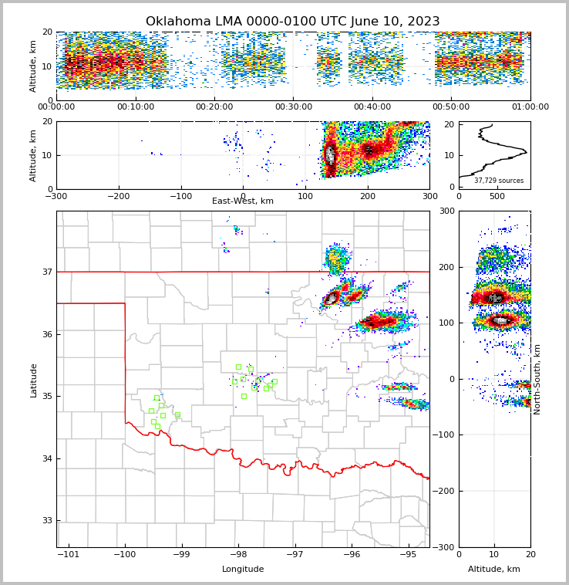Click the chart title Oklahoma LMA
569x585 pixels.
pyautogui.click(x=292, y=22)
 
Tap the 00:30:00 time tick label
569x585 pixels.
pyautogui.click(x=294, y=107)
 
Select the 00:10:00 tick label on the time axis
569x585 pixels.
pyautogui.click(x=136, y=107)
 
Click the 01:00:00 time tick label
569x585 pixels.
pyautogui.click(x=530, y=107)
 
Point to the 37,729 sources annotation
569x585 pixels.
pyautogui.click(x=499, y=181)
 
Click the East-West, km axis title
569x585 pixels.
pyautogui.click(x=243, y=201)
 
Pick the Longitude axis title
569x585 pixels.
pyautogui.click(x=243, y=570)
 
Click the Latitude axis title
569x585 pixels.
pyautogui.click(x=33, y=380)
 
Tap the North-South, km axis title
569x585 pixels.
pyautogui.click(x=537, y=379)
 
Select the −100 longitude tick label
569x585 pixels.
pyautogui.click(x=124, y=554)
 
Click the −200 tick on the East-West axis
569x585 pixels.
pyautogui.click(x=118, y=196)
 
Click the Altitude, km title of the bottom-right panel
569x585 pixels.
pyautogui.click(x=494, y=570)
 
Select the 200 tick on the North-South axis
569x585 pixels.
pyautogui.click(x=446, y=267)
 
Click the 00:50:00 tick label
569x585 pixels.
pyautogui.click(x=452, y=107)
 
